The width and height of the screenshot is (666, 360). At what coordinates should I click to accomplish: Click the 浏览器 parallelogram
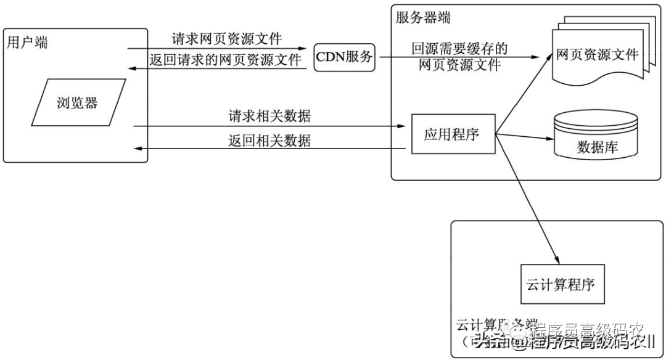pyautogui.click(x=78, y=102)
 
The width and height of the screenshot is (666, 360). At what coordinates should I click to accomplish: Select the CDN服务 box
pyautogui.click(x=345, y=57)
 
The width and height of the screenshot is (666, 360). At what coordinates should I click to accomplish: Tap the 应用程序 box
pyautogui.click(x=453, y=133)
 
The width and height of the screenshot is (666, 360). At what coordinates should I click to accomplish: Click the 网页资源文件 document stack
pyautogui.click(x=596, y=55)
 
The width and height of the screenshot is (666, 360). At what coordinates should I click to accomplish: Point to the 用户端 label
pyautogui.click(x=27, y=43)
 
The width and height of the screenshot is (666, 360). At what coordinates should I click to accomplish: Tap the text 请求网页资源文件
pyautogui.click(x=226, y=39)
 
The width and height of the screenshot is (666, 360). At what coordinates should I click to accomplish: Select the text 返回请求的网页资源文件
pyautogui.click(x=226, y=59)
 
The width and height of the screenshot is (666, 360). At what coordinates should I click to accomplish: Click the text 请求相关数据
pyautogui.click(x=269, y=116)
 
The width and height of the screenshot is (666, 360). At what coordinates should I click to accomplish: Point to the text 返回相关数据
pyautogui.click(x=269, y=141)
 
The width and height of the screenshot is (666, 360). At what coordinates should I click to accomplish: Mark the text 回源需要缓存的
pyautogui.click(x=460, y=49)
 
